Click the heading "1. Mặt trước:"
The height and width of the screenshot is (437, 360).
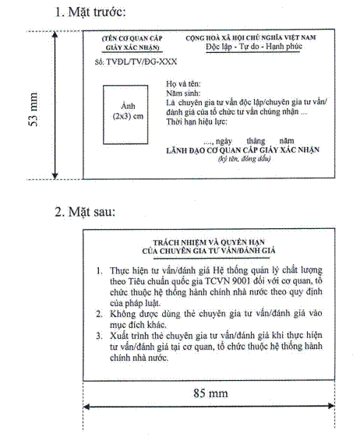tap(90, 12)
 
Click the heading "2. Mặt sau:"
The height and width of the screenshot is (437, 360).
tap(85, 212)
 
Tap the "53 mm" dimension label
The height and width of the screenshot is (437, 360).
tap(34, 109)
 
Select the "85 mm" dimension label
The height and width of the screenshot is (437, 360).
tap(210, 393)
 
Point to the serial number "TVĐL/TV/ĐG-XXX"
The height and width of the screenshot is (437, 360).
tap(142, 62)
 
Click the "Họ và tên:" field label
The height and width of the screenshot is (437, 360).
tap(183, 83)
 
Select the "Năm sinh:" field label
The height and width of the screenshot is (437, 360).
tap(183, 93)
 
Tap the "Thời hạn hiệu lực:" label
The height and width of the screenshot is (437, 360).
tap(196, 122)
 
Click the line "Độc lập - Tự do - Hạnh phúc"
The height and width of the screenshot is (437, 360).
tap(254, 46)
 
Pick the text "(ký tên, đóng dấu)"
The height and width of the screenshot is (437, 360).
tap(244, 159)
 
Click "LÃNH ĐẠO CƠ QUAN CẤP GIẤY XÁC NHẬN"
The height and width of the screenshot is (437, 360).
tap(242, 150)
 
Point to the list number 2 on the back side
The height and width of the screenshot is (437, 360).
tap(99, 314)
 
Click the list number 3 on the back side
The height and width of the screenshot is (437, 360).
tap(99, 336)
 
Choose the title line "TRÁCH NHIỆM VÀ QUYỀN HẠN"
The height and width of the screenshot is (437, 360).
tap(209, 242)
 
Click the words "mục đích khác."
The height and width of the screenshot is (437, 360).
tap(138, 325)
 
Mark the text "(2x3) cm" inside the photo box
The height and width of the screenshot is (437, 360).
tap(128, 116)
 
